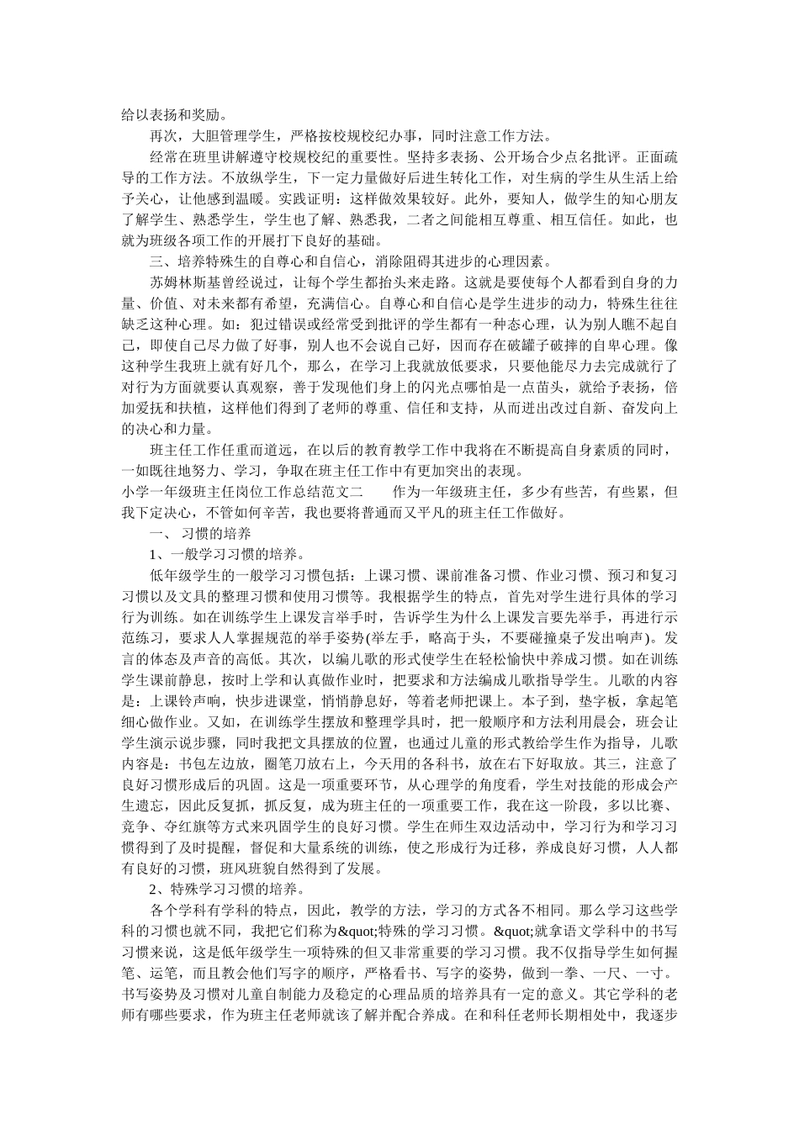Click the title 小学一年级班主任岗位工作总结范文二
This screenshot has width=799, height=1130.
tap(241, 492)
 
